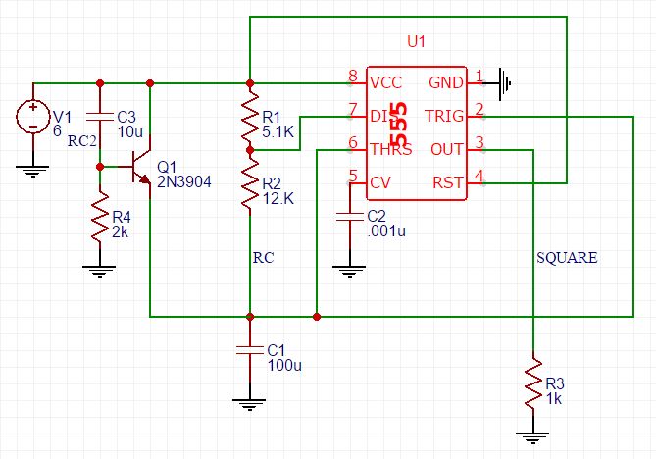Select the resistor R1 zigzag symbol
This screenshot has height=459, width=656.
tap(250, 118)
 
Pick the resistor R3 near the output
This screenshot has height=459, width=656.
tap(530, 383)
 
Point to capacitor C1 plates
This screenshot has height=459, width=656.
tap(250, 349)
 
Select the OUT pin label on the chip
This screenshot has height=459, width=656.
tap(447, 149)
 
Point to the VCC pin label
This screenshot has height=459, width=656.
tap(385, 82)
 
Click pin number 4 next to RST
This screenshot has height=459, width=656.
tap(479, 177)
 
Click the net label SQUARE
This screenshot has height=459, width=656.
tap(567, 258)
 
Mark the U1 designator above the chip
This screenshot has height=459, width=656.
tap(416, 41)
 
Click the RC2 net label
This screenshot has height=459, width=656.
tap(82, 140)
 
